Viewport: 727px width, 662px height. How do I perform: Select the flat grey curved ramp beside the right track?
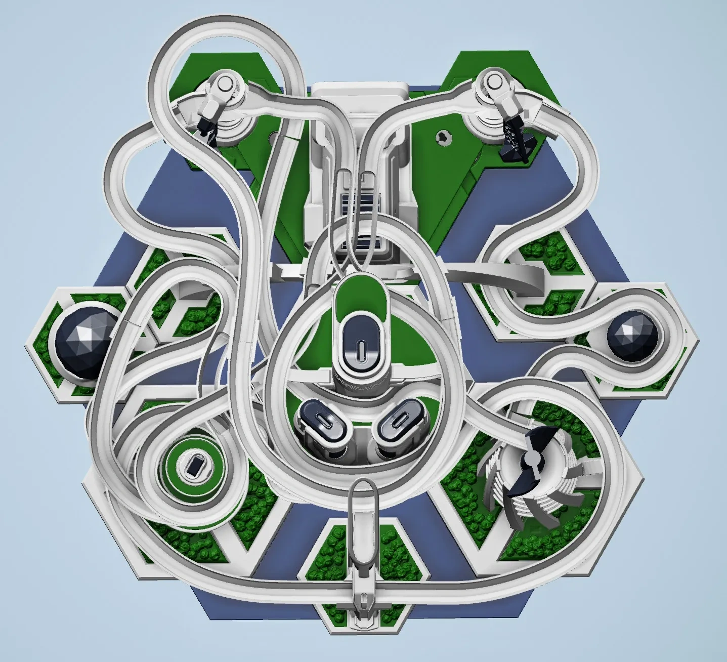506,277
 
